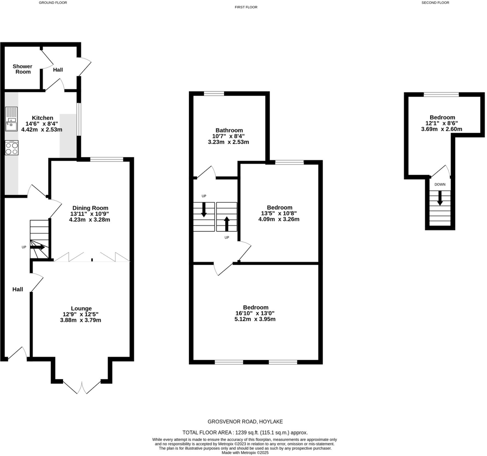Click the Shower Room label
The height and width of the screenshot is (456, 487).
point(22,69)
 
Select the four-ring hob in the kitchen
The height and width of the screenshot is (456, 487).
point(12,148)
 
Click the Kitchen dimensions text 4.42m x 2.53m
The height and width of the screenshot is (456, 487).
point(42,130)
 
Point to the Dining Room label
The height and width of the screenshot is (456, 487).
point(90,208)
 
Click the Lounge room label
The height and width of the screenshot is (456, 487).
point(81,309)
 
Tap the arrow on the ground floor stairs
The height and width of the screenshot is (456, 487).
point(37,247)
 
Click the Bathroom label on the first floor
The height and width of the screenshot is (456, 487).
point(229,130)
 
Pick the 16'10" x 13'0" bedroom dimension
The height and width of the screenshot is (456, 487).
point(255,313)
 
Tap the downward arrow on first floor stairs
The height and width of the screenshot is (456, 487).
point(204,210)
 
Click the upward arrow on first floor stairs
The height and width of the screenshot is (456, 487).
point(227,224)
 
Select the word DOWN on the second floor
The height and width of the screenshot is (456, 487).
point(440,184)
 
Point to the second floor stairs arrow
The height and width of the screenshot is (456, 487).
point(440,198)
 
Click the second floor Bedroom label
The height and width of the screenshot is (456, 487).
point(442,117)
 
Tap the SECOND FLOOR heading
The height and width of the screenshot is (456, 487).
point(435,3)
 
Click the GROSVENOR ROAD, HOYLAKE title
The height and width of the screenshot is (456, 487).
point(245,422)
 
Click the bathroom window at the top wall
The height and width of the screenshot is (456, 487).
point(214,94)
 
